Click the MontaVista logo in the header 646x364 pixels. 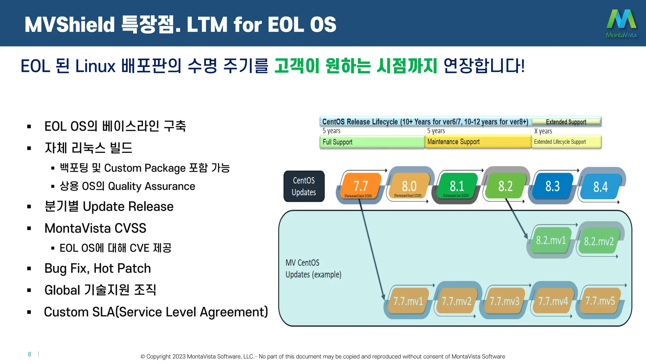pos(621,23)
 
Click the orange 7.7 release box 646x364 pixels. pos(360,186)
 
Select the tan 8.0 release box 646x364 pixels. pos(409,186)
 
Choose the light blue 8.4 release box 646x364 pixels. pos(600,186)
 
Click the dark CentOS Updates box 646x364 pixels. pos(304,186)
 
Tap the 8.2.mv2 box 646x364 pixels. pos(599,241)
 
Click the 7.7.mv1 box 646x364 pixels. pos(408,301)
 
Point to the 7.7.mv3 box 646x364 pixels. pos(504,301)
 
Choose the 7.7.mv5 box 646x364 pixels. pos(600,300)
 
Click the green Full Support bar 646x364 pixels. pos(372,142)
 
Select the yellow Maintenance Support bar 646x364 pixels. pos(478,142)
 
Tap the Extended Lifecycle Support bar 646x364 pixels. pos(566,142)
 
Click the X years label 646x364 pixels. pos(543,131)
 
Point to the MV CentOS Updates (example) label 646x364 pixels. pos(313,269)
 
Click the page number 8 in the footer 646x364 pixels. pos(29,354)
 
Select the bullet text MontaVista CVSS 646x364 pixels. pos(95,228)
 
